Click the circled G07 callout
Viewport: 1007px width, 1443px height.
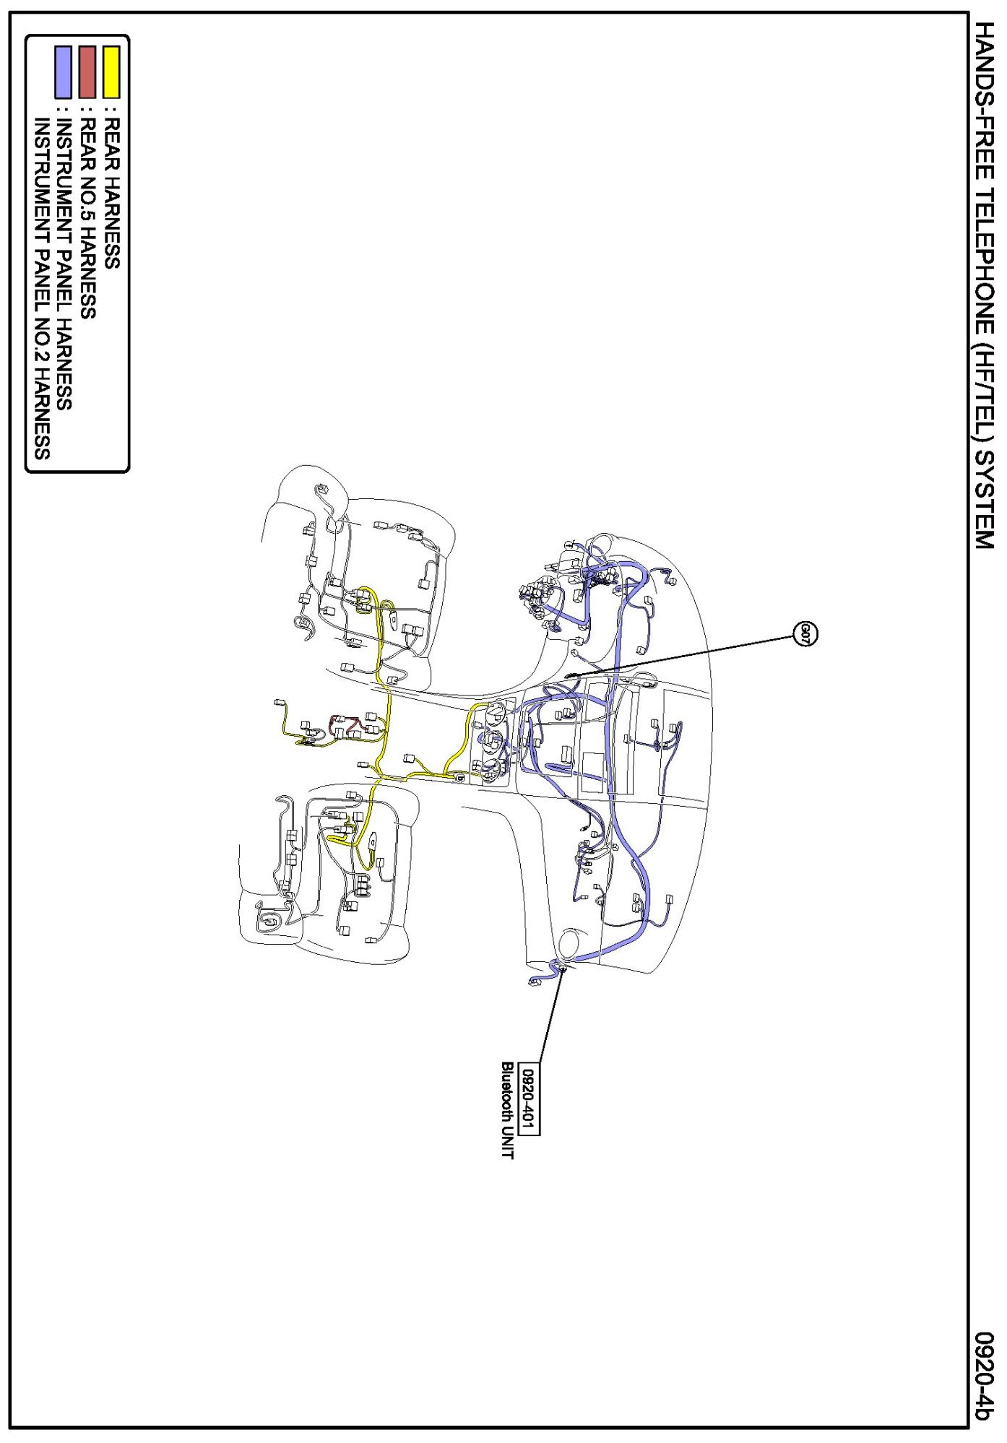pyautogui.click(x=805, y=634)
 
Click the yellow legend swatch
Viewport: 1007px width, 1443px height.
pyautogui.click(x=111, y=71)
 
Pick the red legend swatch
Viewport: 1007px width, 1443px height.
pyautogui.click(x=88, y=71)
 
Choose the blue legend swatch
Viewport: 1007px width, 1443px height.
pyautogui.click(x=64, y=71)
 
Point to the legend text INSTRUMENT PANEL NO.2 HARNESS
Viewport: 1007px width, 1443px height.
pyautogui.click(x=42, y=289)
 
